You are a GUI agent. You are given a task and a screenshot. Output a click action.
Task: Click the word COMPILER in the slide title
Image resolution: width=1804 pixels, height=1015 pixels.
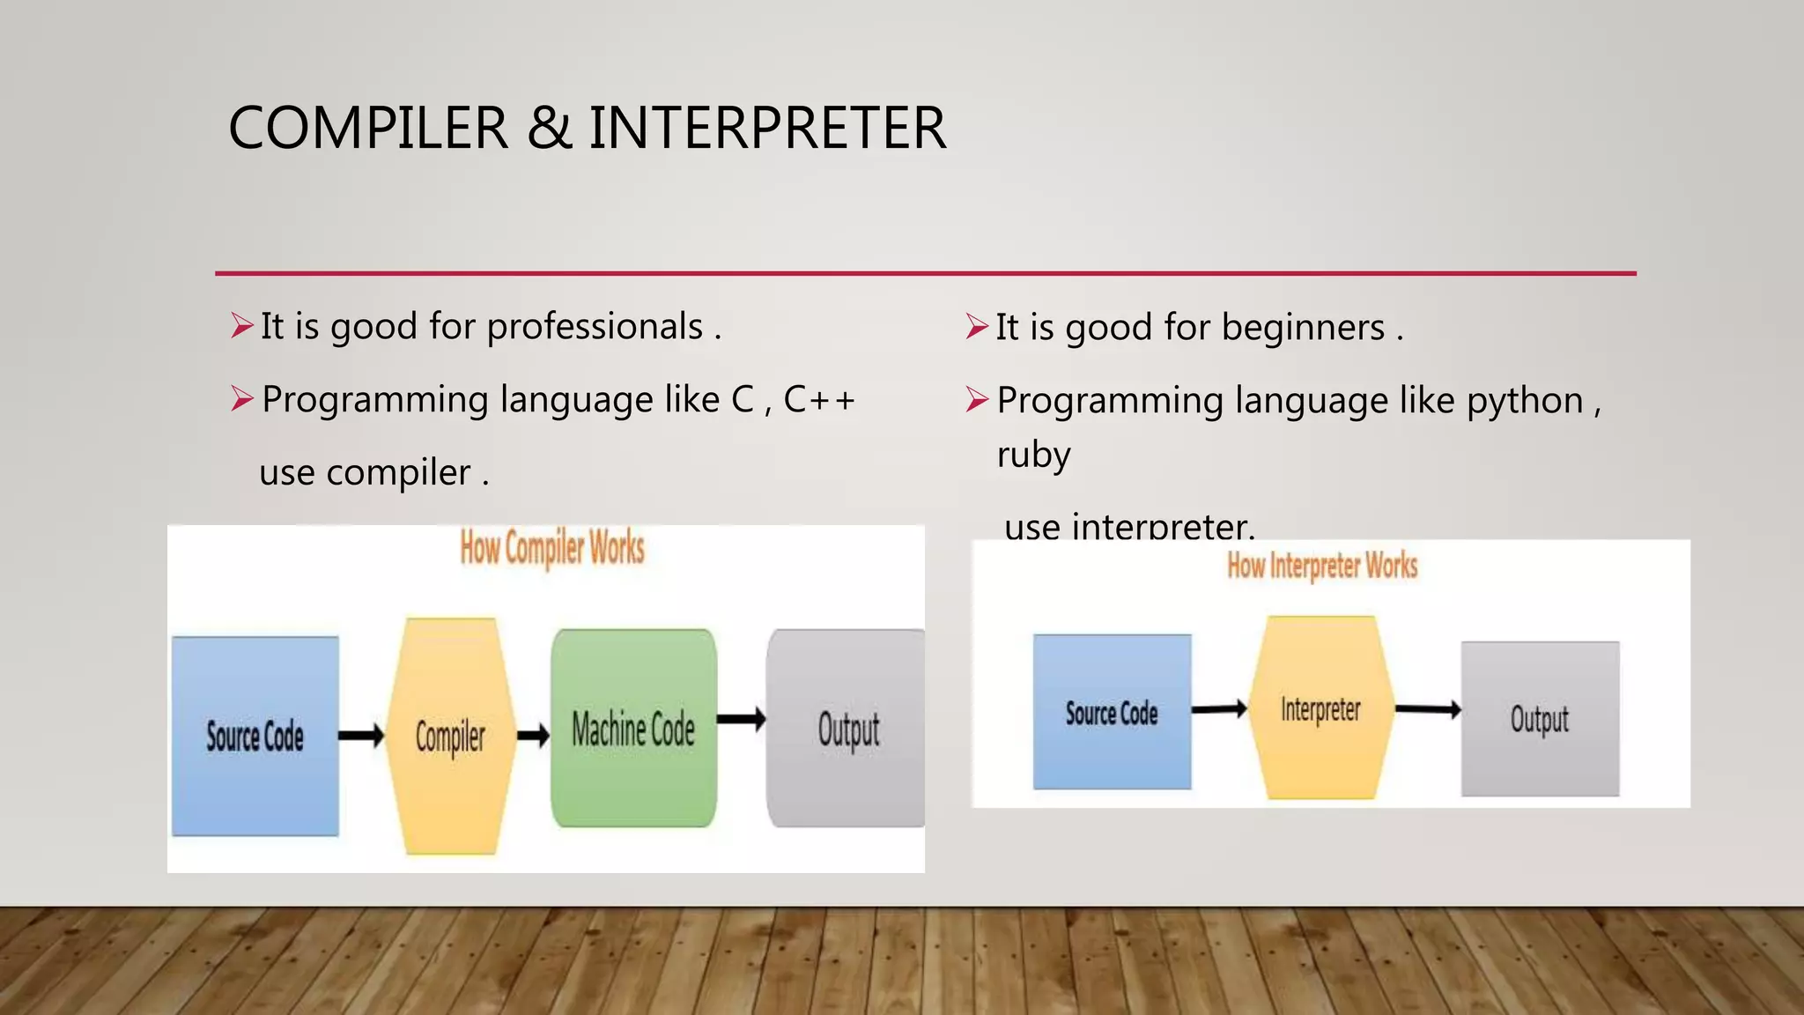pos(368,129)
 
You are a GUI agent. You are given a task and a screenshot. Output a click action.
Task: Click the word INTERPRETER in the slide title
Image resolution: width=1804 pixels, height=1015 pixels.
pos(767,129)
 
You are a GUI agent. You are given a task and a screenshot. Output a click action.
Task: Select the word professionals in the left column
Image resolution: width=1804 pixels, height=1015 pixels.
pos(595,327)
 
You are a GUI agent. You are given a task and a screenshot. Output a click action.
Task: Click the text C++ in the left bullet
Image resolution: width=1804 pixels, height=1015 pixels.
pos(819,400)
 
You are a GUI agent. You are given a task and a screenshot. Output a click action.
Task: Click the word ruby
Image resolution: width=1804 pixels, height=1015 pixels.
pos(1033,456)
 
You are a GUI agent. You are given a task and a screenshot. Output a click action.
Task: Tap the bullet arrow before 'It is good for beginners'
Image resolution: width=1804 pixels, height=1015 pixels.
pos(976,327)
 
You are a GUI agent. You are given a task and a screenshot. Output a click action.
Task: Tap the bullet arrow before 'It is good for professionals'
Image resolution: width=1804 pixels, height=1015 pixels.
pos(241,326)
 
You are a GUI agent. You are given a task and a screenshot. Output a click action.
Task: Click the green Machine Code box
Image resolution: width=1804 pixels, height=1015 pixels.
pos(633,728)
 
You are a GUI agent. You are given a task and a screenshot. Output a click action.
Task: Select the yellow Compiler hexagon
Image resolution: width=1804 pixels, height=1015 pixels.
pos(450,736)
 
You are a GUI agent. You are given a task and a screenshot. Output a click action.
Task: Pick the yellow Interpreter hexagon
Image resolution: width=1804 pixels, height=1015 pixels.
pos(1320,708)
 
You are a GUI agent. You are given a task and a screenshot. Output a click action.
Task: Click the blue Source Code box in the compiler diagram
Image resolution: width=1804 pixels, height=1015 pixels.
pos(255,736)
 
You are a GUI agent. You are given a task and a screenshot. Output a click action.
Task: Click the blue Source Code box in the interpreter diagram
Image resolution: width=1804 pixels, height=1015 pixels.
pos(1112,712)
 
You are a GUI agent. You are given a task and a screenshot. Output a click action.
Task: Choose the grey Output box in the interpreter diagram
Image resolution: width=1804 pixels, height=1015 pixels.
pos(1540,718)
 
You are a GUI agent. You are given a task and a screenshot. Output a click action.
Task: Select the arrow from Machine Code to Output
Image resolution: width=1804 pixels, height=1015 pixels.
pos(741,720)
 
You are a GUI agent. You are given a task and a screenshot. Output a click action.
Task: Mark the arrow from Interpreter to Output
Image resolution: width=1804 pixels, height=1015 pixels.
pos(1428,708)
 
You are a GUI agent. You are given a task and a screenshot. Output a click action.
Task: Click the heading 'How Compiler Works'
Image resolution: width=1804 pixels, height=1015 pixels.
pos(552,548)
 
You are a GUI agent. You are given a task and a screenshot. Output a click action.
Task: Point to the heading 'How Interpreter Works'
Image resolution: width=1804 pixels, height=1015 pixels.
pos(1322,566)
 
